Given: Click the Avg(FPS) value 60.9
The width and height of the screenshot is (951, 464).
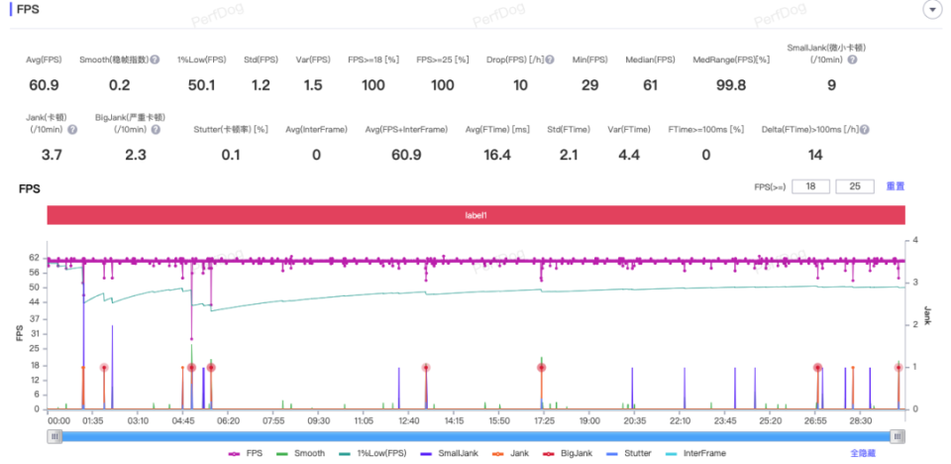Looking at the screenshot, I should coord(45,85).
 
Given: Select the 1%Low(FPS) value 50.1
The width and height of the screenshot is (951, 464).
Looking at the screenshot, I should coord(202,85).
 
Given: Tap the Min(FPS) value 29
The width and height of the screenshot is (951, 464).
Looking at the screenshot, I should coord(588,85).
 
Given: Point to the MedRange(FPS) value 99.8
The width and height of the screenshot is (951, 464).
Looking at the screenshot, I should coord(732,85).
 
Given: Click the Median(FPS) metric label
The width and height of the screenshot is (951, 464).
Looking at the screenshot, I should coord(650,59).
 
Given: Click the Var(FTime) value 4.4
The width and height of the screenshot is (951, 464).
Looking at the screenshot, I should coord(629,155).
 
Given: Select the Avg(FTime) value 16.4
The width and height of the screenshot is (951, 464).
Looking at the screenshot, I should coord(498,155).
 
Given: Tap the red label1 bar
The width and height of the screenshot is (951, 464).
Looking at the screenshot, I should coord(476,215).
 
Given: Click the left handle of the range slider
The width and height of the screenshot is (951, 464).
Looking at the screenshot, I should coord(53,436).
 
